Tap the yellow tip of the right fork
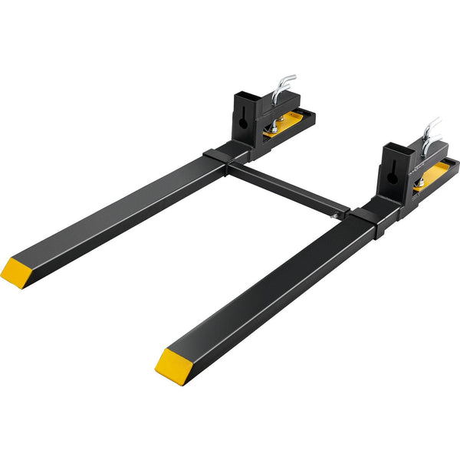[x=172, y=364]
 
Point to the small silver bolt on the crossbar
[x=336, y=217]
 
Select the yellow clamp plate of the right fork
[x=439, y=172]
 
